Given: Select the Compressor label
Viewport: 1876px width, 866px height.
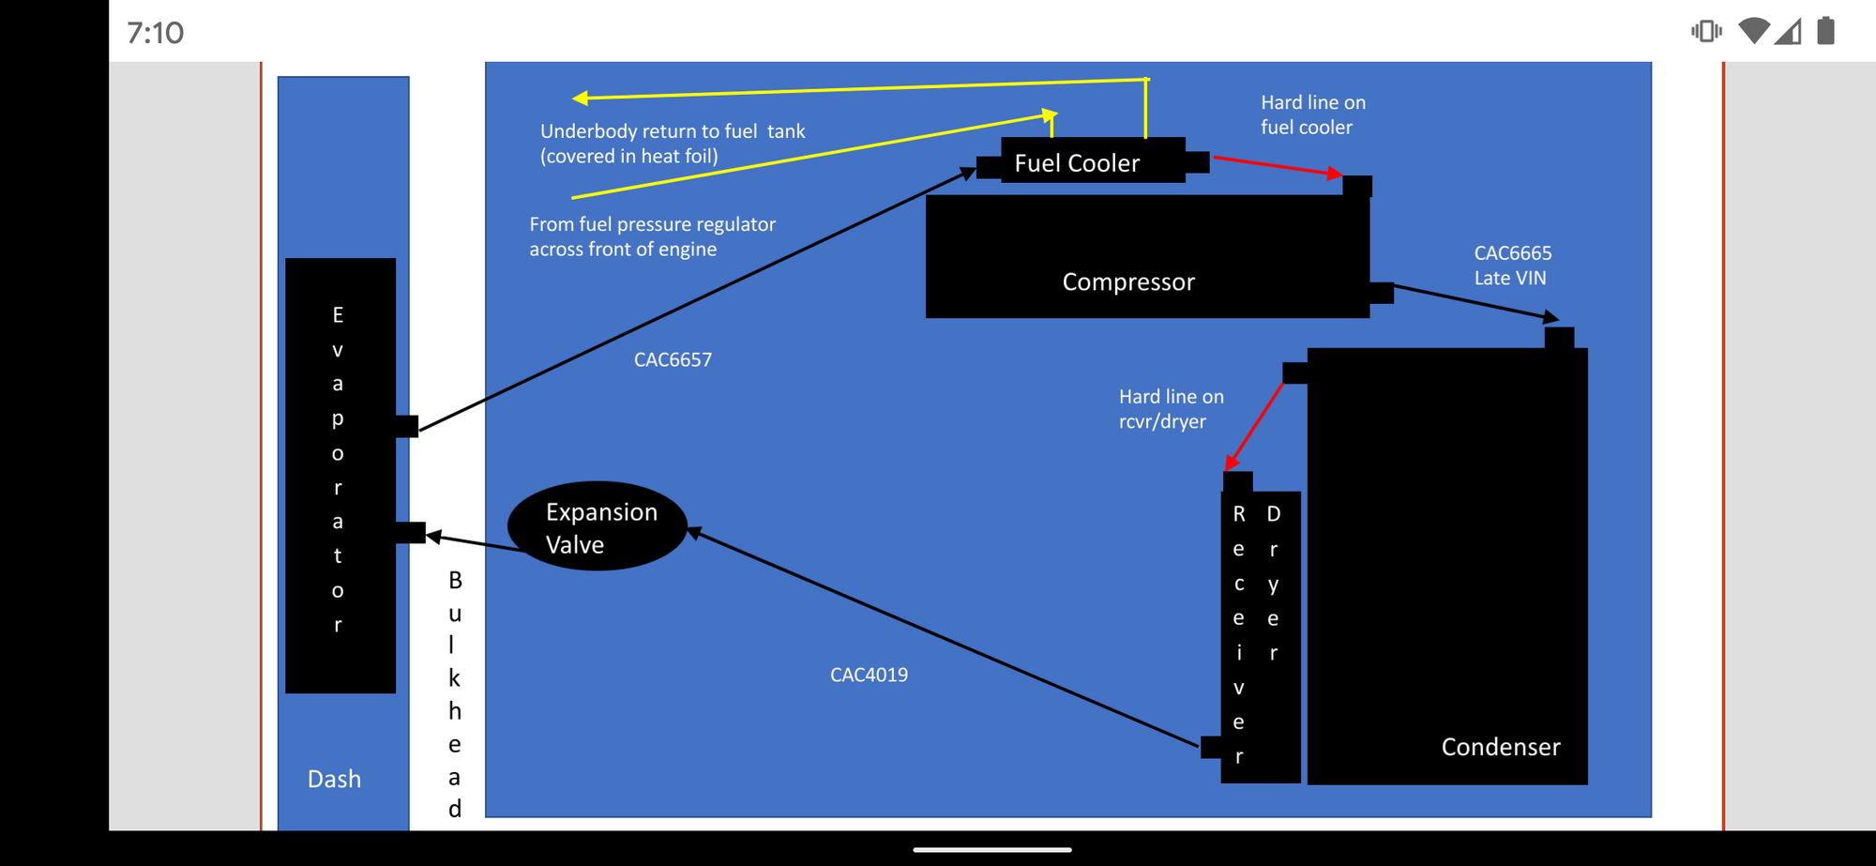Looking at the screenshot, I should [1128, 281].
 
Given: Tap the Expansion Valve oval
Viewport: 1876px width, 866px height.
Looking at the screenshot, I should [598, 527].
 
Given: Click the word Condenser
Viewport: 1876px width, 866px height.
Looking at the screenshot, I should [1501, 747].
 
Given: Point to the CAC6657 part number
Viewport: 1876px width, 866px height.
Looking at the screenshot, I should [673, 360].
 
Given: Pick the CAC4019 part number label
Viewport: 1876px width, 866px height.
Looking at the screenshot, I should [869, 676].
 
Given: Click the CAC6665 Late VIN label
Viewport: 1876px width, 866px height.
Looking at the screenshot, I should [1512, 266].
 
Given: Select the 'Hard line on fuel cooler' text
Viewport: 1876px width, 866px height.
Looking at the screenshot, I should [1312, 114].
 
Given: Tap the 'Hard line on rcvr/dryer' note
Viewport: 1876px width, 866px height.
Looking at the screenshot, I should [1171, 409].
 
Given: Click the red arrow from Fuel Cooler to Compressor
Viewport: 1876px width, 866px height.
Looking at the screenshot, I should [1276, 166].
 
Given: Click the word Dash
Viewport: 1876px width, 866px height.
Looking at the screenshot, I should [334, 779].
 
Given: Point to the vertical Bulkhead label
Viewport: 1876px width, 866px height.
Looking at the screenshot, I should [455, 694].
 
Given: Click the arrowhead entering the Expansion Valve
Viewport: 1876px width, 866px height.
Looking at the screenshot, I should [695, 533].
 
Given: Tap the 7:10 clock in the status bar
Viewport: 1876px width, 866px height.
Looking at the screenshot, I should [156, 33].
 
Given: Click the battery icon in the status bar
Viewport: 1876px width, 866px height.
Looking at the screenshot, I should [1824, 31].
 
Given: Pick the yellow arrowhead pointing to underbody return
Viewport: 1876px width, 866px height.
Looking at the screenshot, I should [581, 98].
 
